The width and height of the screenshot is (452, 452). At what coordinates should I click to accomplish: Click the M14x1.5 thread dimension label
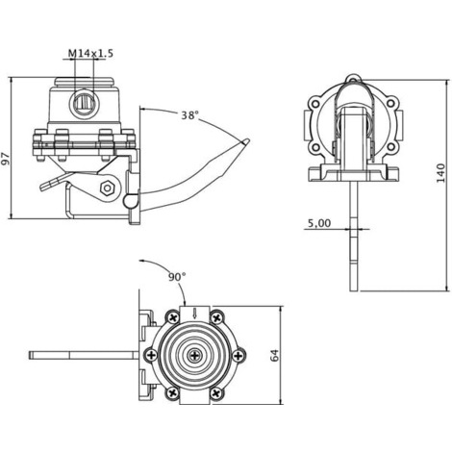[90, 53]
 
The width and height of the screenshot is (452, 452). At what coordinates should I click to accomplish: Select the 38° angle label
[189, 115]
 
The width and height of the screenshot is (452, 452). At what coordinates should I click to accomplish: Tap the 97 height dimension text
[6, 159]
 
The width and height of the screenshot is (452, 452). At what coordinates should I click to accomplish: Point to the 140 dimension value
[441, 173]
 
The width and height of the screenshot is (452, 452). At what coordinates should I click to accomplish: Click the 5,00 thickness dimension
[319, 223]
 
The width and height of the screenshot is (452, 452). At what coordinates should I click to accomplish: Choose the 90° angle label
[177, 277]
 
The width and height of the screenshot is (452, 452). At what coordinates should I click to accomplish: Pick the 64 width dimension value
[275, 355]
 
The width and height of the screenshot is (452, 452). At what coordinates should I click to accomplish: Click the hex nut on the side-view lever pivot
[107, 188]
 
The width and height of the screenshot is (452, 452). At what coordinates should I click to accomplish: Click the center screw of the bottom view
[194, 355]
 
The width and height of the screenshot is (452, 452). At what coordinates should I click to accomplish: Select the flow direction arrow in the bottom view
[194, 314]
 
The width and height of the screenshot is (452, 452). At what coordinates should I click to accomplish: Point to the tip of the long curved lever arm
[247, 140]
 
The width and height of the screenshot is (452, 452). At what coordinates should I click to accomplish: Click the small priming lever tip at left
[42, 187]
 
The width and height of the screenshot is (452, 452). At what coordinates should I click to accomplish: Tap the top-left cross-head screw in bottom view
[173, 318]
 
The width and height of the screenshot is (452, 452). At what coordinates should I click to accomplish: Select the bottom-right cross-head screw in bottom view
[216, 392]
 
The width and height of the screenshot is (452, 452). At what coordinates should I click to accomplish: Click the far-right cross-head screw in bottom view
[238, 355]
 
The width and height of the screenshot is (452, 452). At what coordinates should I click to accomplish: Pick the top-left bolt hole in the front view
[316, 104]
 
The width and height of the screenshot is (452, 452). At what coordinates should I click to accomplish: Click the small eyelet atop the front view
[353, 78]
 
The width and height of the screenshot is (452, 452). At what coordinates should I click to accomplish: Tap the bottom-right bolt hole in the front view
[390, 147]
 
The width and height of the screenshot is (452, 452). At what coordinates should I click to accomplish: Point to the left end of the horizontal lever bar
[30, 355]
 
